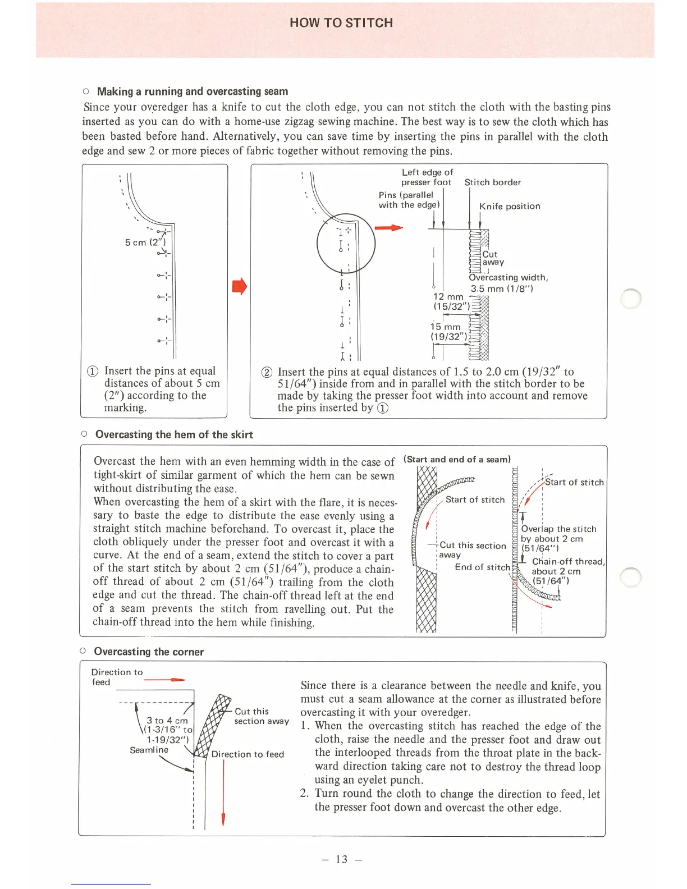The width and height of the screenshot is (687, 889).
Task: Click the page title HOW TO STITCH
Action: [x=341, y=23]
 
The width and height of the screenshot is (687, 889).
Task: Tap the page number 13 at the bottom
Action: [x=342, y=859]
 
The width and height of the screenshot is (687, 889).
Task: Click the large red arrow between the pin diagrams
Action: [x=239, y=286]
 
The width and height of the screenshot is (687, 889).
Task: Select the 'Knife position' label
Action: [x=510, y=206]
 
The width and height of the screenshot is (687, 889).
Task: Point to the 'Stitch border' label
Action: [x=492, y=182]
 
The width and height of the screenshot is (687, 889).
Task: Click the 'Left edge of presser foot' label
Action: [x=427, y=177]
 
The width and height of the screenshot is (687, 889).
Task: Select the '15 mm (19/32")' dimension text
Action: [x=447, y=332]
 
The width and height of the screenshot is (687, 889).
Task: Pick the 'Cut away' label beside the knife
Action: [x=492, y=258]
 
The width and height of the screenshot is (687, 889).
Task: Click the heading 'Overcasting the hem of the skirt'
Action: [x=174, y=434]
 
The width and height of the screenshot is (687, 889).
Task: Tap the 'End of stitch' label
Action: [x=482, y=567]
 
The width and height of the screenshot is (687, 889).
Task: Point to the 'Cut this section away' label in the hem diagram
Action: [x=472, y=550]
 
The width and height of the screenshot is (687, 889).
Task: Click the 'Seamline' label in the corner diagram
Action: [x=149, y=750]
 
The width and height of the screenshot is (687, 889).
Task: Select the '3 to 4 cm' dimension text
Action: [x=167, y=721]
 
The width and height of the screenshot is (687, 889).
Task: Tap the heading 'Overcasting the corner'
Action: [x=149, y=652]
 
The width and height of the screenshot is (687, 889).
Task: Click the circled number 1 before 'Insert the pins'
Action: [x=93, y=372]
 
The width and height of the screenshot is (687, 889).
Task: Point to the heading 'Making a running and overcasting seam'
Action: [x=193, y=91]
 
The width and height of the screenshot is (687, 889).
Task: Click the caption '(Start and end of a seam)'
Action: [x=457, y=459]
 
